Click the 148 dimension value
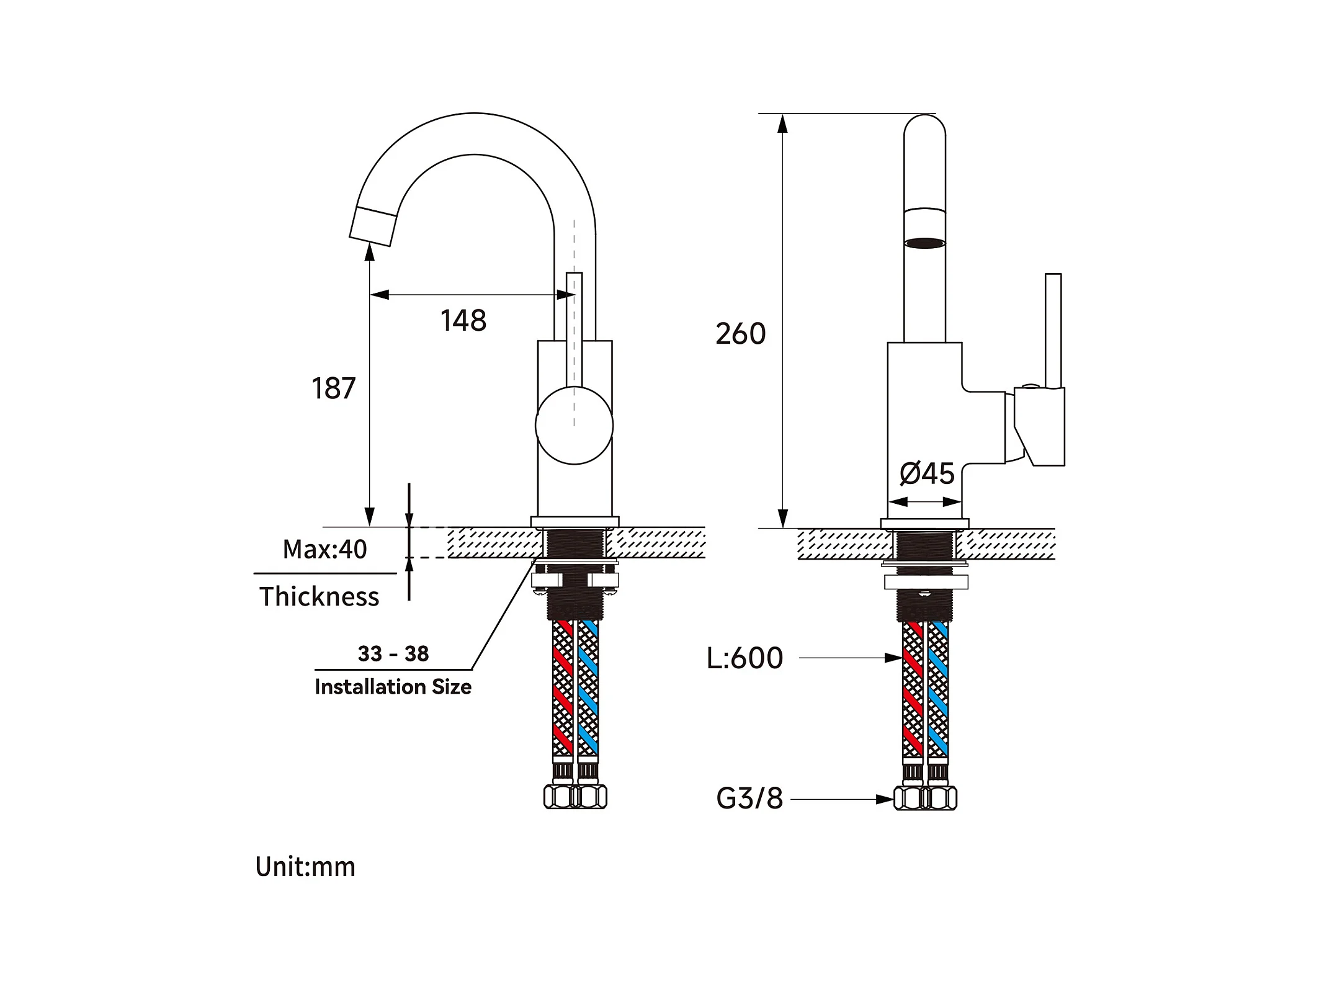click(463, 321)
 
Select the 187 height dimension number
click(334, 388)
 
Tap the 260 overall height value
click(741, 334)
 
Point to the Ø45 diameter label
click(927, 474)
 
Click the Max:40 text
click(324, 550)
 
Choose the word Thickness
click(319, 596)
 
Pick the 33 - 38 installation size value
click(393, 653)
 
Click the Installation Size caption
click(393, 687)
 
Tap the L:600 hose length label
click(744, 658)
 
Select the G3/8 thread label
click(749, 799)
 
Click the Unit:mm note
click(305, 867)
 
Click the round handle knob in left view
click(574, 425)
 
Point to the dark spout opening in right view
click(924, 243)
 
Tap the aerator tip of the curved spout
click(373, 227)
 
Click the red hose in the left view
click(562, 688)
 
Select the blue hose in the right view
click(938, 689)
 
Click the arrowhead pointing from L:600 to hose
click(894, 658)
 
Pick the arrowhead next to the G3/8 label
click(885, 799)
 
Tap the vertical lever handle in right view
click(1053, 331)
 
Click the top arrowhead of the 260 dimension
click(783, 124)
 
